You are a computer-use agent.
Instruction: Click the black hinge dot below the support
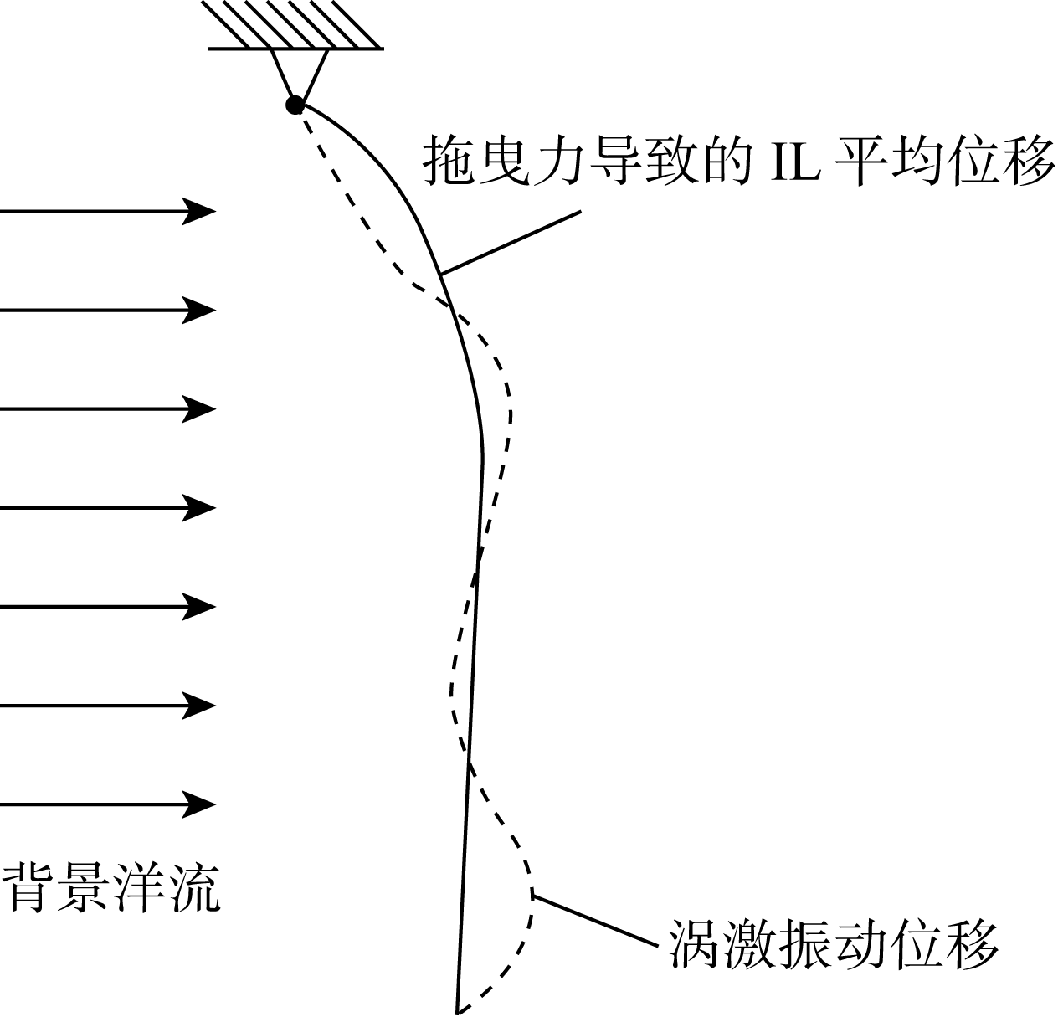point(295,105)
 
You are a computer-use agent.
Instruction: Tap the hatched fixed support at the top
point(295,25)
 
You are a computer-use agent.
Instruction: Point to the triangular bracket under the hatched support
point(299,70)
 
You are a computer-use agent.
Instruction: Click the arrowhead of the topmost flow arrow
point(201,211)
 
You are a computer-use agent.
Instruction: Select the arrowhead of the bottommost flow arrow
point(201,804)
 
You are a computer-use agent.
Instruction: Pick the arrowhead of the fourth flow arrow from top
point(201,507)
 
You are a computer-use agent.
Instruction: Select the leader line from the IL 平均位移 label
point(511,243)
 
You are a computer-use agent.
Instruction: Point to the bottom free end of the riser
point(459,1009)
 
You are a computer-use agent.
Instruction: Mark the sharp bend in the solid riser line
point(483,455)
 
